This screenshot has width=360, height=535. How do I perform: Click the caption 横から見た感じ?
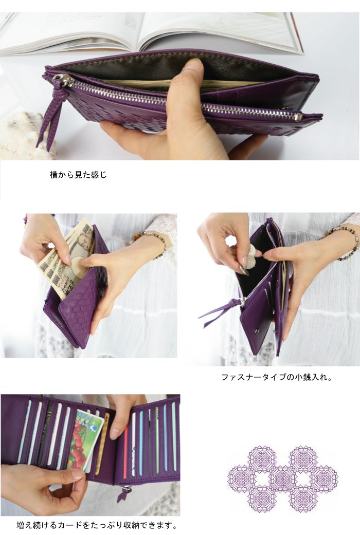coord(78,175)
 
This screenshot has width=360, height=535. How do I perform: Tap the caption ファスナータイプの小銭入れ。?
coord(277,377)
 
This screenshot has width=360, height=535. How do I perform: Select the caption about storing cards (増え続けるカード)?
coord(97,525)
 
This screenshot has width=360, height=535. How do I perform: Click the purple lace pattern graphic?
coord(283,478)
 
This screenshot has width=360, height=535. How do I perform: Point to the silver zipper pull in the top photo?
coord(63,80)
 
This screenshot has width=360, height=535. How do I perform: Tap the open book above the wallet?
coord(149,31)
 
